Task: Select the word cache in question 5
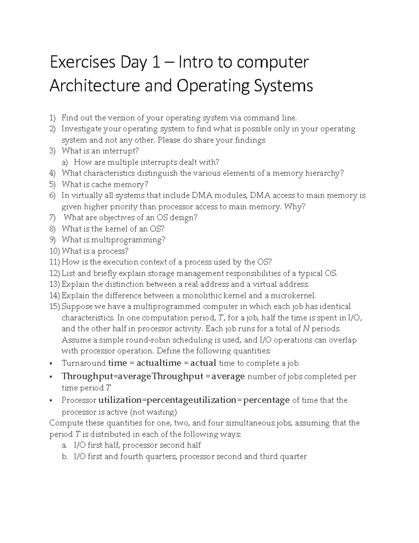click(x=101, y=185)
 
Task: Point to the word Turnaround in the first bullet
click(x=83, y=363)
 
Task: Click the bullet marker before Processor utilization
click(x=51, y=400)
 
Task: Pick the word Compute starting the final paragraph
click(x=66, y=423)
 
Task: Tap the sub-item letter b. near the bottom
click(x=64, y=457)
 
